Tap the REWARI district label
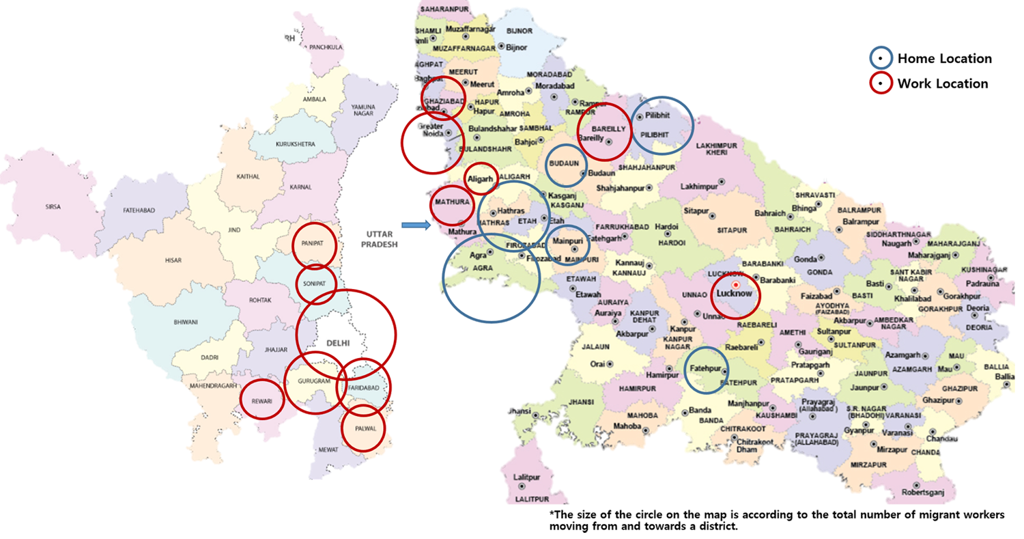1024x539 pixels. click(261, 402)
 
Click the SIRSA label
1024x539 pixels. click(53, 205)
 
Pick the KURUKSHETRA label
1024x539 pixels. click(294, 145)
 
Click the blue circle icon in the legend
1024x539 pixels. click(881, 59)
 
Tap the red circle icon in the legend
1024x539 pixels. click(881, 84)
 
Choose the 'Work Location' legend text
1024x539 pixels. click(943, 84)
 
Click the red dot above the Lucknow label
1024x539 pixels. click(735, 284)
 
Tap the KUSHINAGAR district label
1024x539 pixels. click(984, 270)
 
